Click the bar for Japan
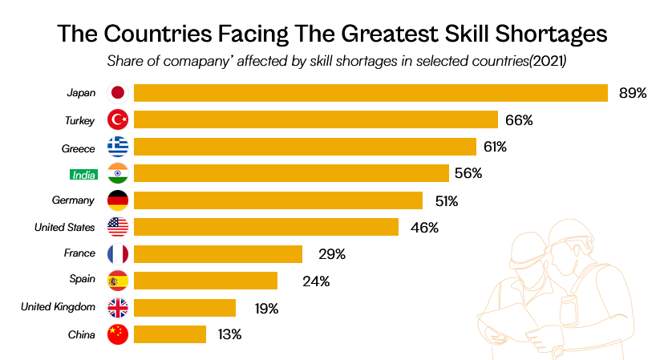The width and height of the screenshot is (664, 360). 370,93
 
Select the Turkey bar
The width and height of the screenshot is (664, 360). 315,120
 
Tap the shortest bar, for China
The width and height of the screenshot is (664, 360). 170,334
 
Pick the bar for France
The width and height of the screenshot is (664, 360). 218,254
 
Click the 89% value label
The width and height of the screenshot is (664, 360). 633,93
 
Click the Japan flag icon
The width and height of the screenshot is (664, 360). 118,93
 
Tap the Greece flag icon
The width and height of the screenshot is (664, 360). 118,147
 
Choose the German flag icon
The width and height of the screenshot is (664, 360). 118,200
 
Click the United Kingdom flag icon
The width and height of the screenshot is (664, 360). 118,308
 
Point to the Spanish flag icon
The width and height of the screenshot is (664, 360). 118,281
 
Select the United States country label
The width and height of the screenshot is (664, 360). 65,227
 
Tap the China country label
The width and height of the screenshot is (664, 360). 83,334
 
